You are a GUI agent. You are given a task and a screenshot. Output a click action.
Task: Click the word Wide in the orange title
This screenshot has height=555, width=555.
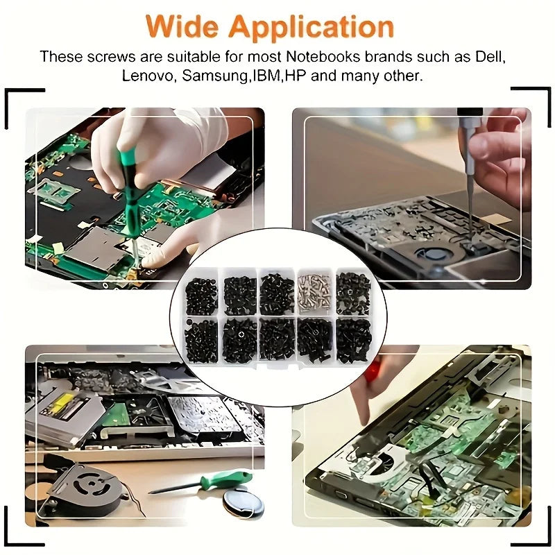click(x=182, y=27)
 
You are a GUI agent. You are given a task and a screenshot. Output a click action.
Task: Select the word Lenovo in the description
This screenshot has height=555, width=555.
click(x=147, y=76)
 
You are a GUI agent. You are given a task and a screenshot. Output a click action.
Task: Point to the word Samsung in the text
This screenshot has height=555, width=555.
click(x=214, y=76)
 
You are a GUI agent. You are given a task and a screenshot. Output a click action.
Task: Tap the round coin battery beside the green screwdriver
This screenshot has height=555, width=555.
click(x=243, y=503)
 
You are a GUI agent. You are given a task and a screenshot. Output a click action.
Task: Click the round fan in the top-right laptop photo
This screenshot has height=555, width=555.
click(x=434, y=253)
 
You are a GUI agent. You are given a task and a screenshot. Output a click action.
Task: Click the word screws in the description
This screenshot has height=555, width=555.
click(x=111, y=57)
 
